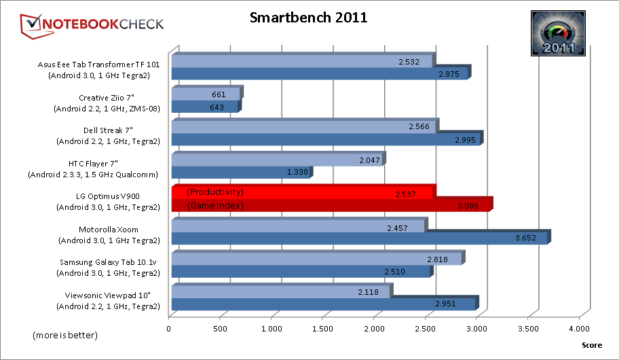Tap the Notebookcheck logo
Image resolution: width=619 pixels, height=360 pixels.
click(93, 24)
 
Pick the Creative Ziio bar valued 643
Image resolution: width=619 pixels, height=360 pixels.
click(204, 107)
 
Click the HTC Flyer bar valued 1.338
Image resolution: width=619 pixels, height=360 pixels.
click(240, 173)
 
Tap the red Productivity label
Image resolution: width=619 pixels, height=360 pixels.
click(214, 192)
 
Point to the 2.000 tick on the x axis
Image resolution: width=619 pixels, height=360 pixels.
click(374, 330)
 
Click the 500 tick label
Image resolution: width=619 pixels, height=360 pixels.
click(221, 330)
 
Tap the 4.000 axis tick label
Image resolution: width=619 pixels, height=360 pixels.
click(579, 330)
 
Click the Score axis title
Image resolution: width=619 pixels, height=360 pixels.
click(591, 345)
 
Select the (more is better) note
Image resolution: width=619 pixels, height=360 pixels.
click(65, 336)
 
